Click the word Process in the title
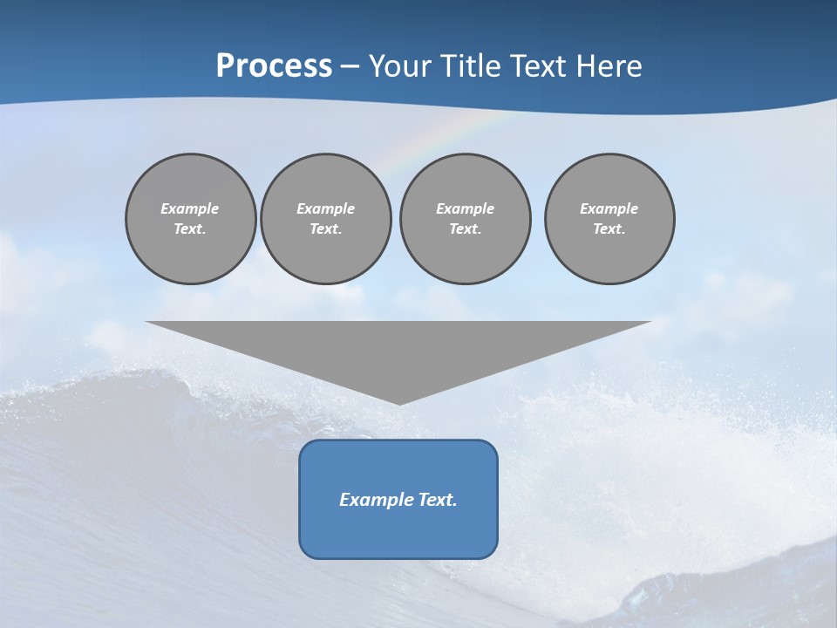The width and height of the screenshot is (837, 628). [274, 66]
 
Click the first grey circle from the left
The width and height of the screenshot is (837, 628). [191, 219]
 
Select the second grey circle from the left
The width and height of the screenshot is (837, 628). [326, 219]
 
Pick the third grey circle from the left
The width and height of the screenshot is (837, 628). [466, 219]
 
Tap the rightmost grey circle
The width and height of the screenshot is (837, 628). [609, 219]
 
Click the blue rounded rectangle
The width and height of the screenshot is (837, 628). [398, 499]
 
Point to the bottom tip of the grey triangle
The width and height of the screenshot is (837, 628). [399, 403]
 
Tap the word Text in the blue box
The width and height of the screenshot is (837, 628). [437, 500]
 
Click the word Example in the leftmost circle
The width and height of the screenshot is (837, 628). [190, 208]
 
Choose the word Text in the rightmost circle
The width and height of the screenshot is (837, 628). [609, 229]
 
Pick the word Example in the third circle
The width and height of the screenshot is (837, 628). [466, 208]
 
